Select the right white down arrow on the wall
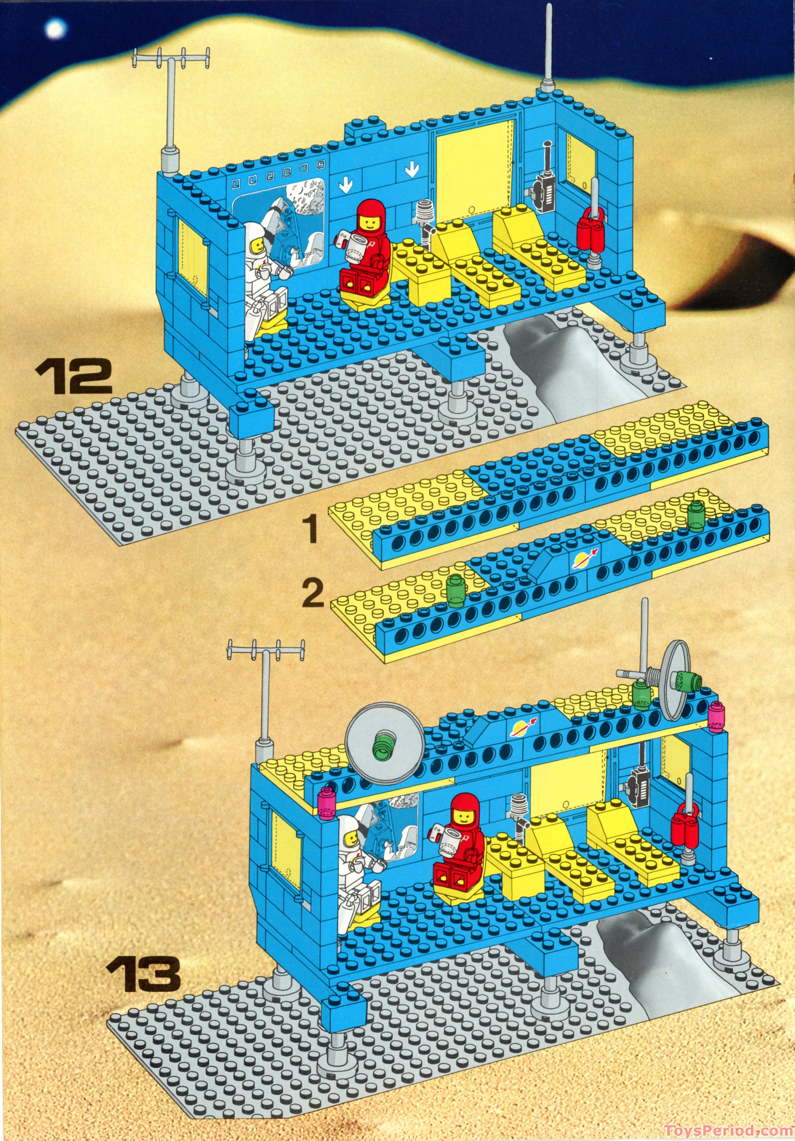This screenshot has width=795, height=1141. point(411,170)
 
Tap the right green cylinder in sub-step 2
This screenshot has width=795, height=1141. point(696,517)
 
